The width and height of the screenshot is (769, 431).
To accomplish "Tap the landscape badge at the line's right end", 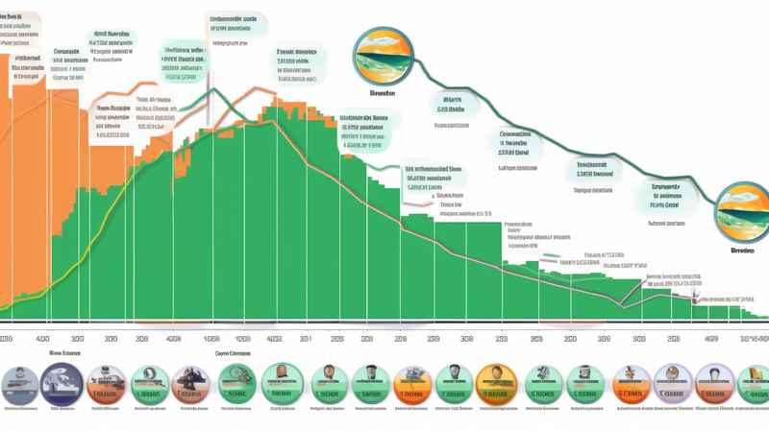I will [743, 209].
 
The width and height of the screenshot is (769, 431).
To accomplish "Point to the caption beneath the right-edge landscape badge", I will [742, 250].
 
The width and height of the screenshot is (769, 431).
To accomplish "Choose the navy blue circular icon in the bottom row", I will [60, 384].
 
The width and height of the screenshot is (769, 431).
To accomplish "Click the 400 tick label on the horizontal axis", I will [42, 339].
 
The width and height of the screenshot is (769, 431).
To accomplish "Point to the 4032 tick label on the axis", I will [274, 339].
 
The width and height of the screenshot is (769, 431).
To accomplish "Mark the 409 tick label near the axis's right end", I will [711, 339].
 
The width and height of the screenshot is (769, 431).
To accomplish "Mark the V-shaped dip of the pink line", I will [623, 306].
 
